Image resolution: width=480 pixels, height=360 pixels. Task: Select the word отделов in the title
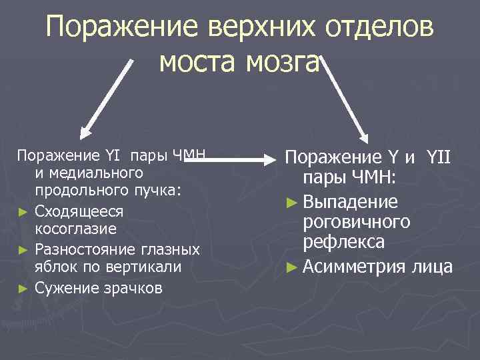381,28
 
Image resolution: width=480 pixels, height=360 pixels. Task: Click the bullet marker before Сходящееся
23,211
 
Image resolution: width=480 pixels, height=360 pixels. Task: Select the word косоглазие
75,229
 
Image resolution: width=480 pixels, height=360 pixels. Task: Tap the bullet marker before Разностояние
23,250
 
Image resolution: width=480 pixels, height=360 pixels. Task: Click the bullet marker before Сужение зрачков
23,289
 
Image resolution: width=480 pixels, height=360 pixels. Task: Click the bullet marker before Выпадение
291,202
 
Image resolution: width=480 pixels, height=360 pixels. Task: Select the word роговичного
356,221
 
